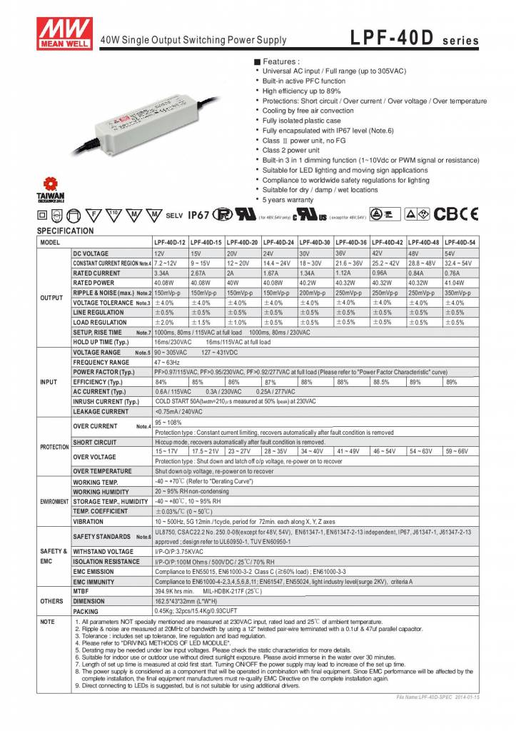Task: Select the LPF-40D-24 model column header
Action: coord(279,242)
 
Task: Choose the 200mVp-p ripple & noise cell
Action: coord(315,293)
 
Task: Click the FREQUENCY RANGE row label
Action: coord(101,362)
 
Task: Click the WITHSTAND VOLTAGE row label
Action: coord(103,551)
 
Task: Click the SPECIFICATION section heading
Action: coord(65,231)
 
